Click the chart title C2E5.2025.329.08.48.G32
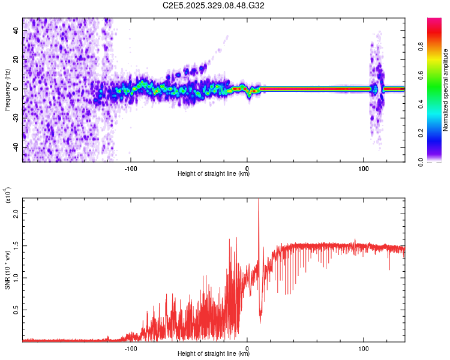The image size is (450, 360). (x=214, y=6)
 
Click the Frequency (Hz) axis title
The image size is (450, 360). (x=7, y=90)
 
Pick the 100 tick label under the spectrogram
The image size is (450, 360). (x=364, y=167)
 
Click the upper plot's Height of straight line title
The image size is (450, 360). (x=214, y=174)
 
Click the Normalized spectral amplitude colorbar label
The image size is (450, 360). (x=445, y=90)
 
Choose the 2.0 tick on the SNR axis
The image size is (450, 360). (x=16, y=214)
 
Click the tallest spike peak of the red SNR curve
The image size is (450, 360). (x=259, y=200)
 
